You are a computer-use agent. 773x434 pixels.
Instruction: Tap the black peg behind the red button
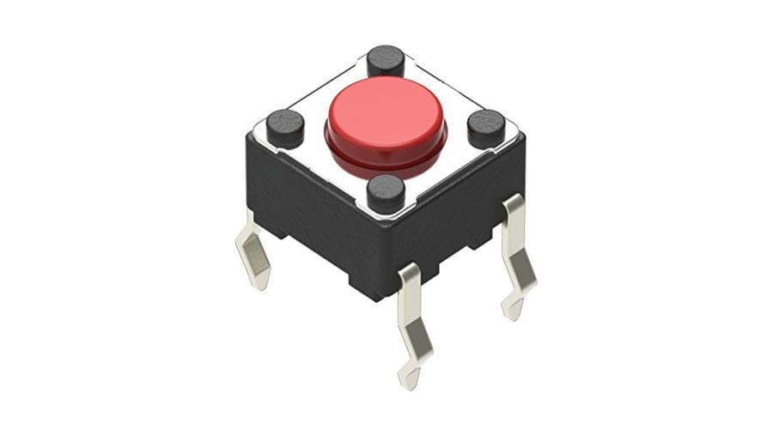click(x=386, y=61)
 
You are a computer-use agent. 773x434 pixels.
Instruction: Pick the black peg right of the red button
click(x=485, y=128)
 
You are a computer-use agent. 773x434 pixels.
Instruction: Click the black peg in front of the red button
click(x=386, y=193)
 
